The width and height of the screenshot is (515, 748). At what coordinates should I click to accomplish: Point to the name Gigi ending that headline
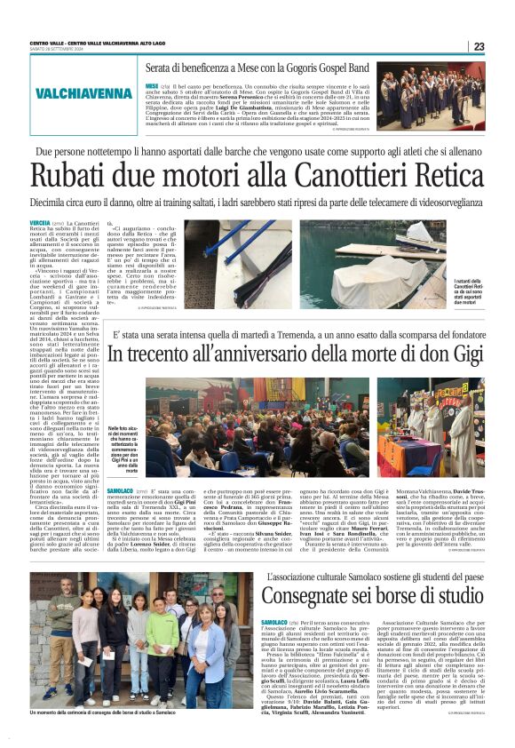pyautogui.click(x=456, y=353)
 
